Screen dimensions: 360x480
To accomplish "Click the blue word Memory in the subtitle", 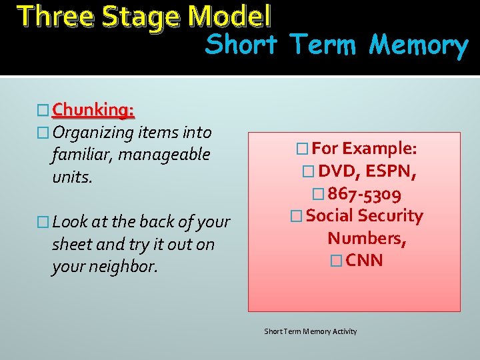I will pyautogui.click(x=419, y=45).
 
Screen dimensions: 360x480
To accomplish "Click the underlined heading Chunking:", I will pyautogui.click(x=93, y=109).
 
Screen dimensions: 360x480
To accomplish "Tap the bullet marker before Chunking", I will pyautogui.click(x=43, y=109).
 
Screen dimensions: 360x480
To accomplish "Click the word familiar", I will pyautogui.click(x=83, y=155).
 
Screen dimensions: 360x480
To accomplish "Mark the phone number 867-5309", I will pyautogui.click(x=365, y=194).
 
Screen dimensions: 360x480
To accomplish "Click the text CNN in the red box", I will pyautogui.click(x=365, y=261).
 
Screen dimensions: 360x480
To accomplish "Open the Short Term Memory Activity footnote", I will pyautogui.click(x=311, y=331).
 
